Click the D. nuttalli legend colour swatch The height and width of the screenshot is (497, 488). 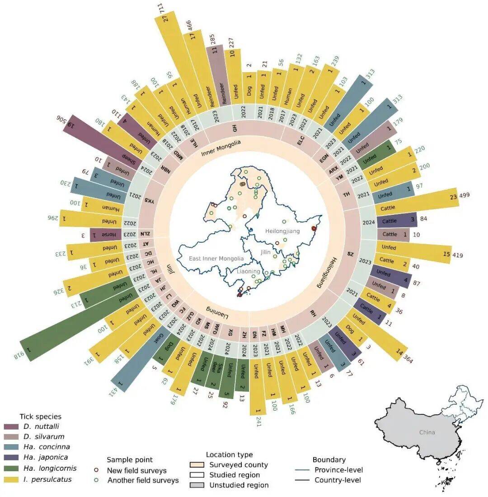[11, 427]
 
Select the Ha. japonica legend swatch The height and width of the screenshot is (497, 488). [11, 458]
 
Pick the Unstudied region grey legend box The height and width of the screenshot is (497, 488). [197, 485]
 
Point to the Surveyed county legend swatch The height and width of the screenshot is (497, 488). [197, 465]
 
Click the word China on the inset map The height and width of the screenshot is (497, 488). [427, 432]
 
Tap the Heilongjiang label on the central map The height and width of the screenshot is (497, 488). [280, 231]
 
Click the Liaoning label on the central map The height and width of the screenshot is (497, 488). [248, 271]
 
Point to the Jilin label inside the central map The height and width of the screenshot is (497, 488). [265, 252]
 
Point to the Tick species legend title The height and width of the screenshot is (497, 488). [40, 416]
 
